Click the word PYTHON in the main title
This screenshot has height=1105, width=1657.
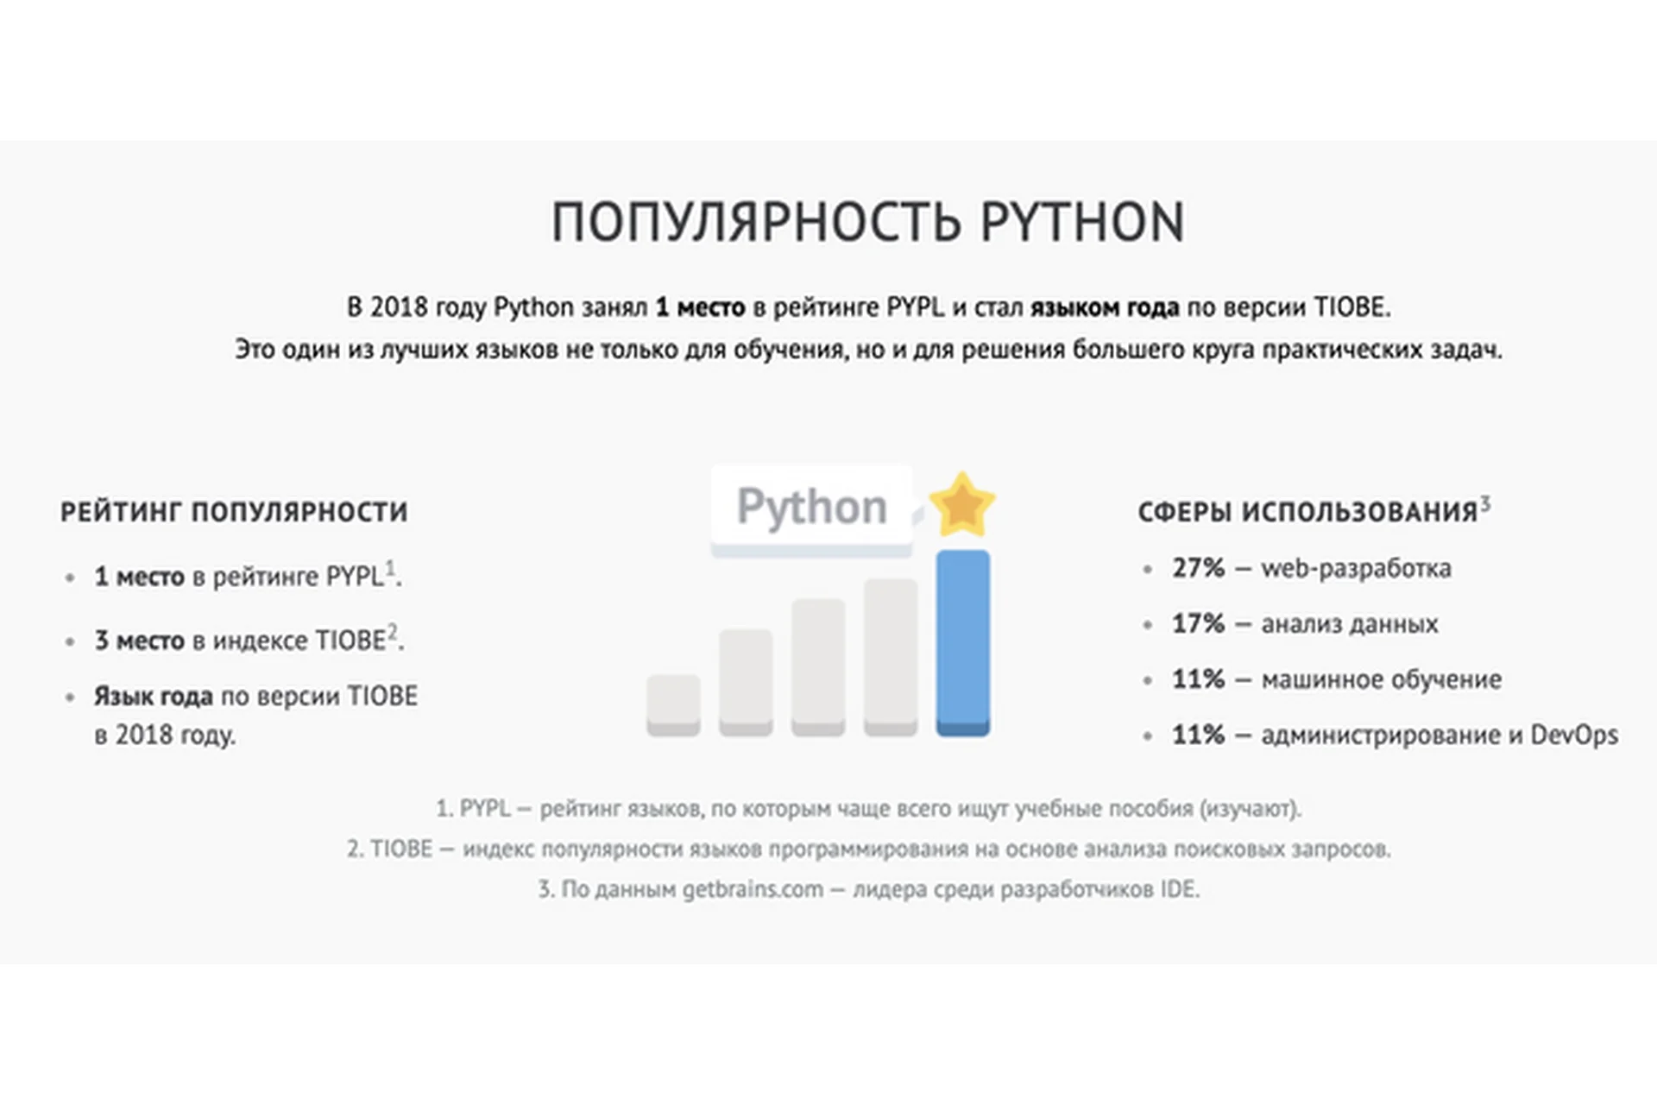pos(1082,222)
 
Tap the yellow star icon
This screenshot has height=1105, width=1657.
pos(961,504)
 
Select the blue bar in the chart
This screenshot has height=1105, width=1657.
pos(963,642)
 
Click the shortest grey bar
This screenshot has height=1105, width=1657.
pos(673,704)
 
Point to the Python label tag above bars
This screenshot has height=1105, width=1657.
pos(811,508)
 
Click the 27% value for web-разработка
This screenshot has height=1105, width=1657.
pos(1198,568)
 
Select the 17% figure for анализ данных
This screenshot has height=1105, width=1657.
pos(1198,623)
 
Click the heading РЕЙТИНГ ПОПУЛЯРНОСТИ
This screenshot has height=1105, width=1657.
pos(234,512)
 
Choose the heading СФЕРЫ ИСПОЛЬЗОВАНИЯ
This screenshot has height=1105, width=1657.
pos(1307,512)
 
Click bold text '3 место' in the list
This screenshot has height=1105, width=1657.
pos(139,641)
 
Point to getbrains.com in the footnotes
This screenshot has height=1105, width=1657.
pos(753,889)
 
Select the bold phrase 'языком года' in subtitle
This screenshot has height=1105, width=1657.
pos(1104,307)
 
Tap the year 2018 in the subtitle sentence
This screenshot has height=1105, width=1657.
pos(399,307)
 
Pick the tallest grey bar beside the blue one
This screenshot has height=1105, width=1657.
pos(890,656)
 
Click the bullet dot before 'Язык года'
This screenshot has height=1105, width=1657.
pos(70,698)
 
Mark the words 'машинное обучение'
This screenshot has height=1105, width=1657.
pos(1381,679)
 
